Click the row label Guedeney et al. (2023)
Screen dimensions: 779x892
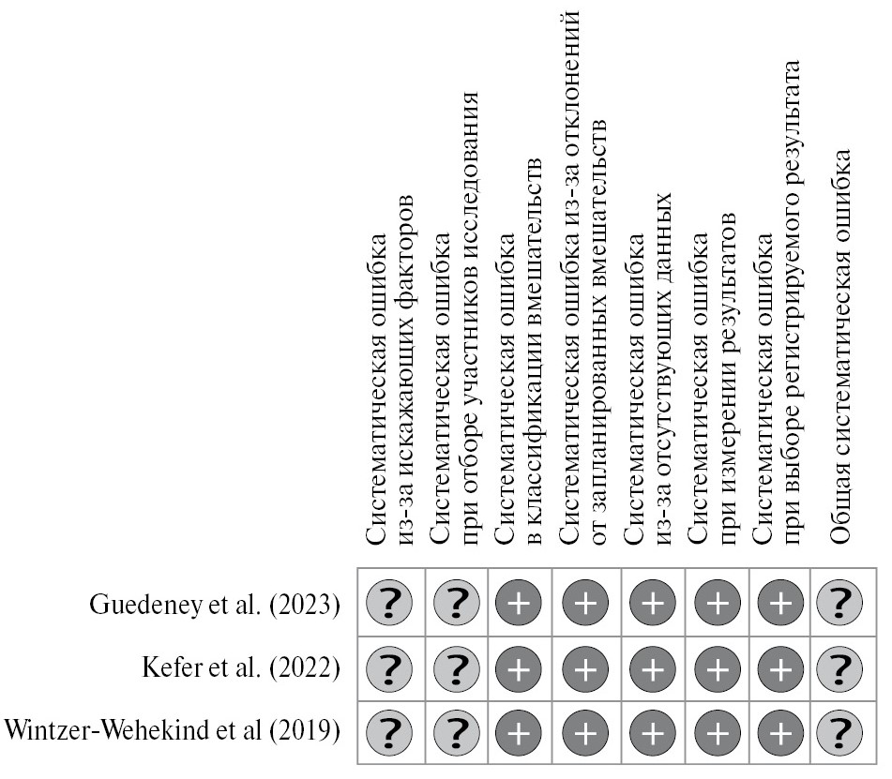tap(215, 604)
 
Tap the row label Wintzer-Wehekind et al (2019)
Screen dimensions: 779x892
tap(172, 729)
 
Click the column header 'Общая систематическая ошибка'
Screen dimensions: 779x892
tap(841, 347)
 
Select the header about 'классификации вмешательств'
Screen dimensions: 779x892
tap(520, 384)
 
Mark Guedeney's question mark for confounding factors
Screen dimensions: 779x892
tap(392, 604)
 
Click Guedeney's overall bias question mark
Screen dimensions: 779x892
tap(841, 604)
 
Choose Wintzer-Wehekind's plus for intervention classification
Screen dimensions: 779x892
tap(520, 729)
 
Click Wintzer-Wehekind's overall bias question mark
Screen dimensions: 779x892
tap(841, 729)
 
